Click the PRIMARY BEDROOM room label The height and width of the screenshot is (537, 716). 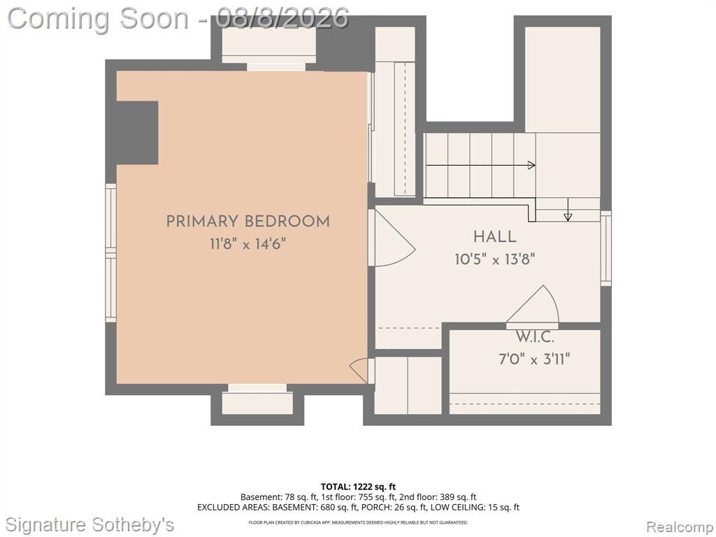tap(248, 222)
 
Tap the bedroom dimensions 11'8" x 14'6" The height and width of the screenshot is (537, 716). tap(248, 244)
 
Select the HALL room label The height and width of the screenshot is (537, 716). tap(494, 236)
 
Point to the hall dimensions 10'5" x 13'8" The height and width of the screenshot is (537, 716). tap(494, 259)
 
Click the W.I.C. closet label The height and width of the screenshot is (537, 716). tap(534, 337)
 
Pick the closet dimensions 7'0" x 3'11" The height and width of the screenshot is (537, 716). tap(534, 359)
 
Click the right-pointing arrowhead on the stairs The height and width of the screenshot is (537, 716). tap(531, 165)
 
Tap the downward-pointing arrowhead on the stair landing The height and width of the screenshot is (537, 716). tap(568, 217)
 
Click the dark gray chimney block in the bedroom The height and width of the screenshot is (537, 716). tap(138, 132)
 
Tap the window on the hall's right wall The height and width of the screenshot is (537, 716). tap(606, 248)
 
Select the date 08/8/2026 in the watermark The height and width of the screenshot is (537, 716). tap(282, 18)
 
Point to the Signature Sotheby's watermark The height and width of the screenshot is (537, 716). tap(89, 524)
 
